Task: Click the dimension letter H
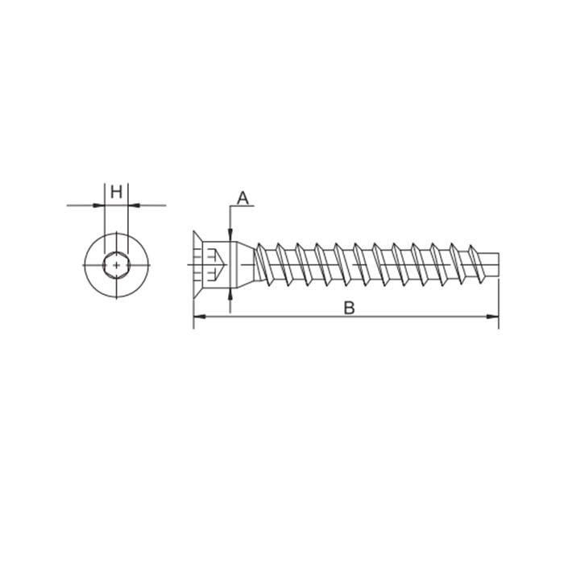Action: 116,192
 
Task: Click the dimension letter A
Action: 243,198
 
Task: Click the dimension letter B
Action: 349,309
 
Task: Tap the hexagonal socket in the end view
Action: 116,265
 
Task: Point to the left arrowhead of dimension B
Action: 200,317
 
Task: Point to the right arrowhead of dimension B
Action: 492,317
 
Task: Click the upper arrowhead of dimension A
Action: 230,234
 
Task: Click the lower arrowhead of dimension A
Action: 230,295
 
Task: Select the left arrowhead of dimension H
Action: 98,205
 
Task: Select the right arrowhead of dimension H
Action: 135,205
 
